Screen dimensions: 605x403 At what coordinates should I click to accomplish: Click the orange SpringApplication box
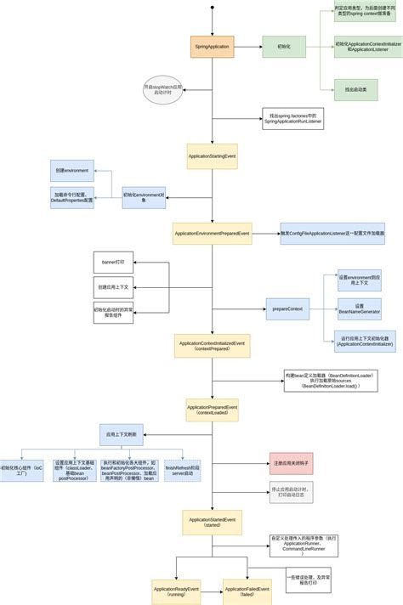212,47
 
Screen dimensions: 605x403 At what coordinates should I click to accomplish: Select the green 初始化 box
283,47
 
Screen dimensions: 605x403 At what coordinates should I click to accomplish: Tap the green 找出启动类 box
355,88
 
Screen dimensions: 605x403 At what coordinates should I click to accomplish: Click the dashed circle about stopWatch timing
163,90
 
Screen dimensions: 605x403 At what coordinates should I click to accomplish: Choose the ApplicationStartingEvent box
212,156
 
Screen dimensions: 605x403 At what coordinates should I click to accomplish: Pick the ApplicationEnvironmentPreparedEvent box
212,233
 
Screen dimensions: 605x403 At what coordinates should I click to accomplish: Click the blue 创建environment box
72,170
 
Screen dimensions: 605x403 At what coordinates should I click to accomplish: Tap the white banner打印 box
113,263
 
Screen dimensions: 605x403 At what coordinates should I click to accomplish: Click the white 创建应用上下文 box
113,287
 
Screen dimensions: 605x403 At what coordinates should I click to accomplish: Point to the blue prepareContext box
287,308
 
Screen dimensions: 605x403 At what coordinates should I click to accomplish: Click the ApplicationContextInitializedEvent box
212,346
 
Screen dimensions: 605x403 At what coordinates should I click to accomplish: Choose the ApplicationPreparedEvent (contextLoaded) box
212,410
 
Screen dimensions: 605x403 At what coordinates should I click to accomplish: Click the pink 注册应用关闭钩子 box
291,463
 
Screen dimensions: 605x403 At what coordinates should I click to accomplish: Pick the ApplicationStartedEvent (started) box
212,522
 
